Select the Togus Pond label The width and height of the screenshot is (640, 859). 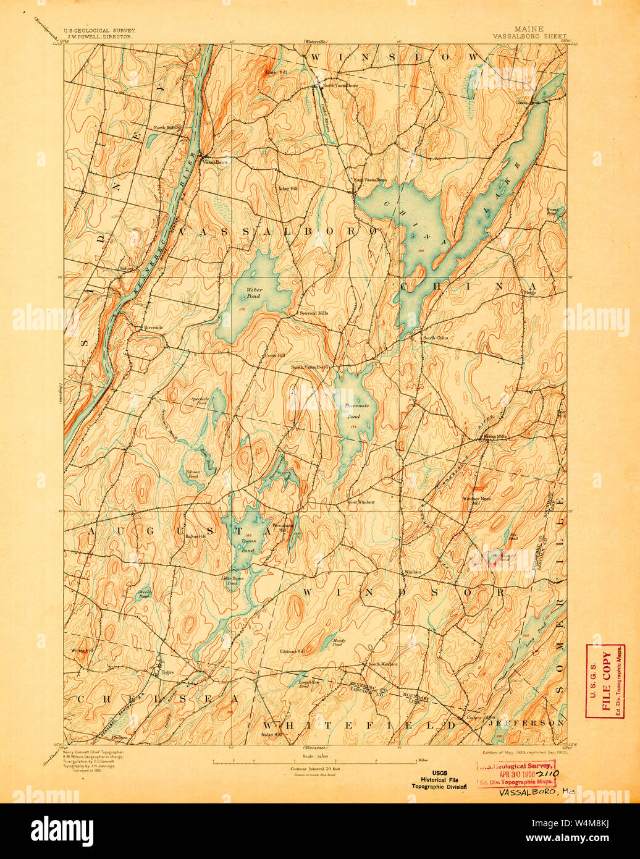(248, 545)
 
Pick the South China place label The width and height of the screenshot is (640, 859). (436, 338)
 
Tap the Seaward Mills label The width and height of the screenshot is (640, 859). (314, 313)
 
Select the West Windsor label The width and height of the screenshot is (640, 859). (361, 502)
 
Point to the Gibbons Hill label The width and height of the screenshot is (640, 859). (292, 651)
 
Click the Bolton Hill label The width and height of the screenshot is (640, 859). (195, 536)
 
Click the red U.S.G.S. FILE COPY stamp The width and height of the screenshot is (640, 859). (605, 680)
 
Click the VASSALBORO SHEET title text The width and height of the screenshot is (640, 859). (529, 36)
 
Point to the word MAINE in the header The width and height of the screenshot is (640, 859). (529, 28)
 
